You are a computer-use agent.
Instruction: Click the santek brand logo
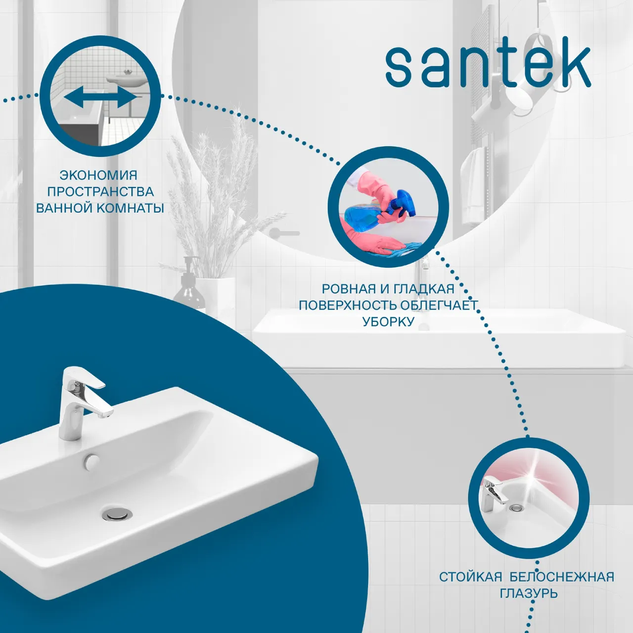pyautogui.click(x=488, y=67)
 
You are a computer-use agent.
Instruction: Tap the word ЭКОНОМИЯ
pyautogui.click(x=98, y=175)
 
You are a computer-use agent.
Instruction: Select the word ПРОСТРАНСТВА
pyautogui.click(x=100, y=191)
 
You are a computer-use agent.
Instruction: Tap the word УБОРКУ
pyautogui.click(x=388, y=321)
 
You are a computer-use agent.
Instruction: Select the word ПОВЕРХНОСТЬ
pyautogui.click(x=348, y=305)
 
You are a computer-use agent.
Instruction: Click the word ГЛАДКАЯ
pyautogui.click(x=423, y=289)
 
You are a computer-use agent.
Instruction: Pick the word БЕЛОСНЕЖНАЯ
pyautogui.click(x=562, y=577)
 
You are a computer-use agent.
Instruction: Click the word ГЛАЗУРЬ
pyautogui.click(x=529, y=593)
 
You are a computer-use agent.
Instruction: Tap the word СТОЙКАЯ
pyautogui.click(x=470, y=577)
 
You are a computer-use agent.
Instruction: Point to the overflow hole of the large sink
pyautogui.click(x=91, y=461)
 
